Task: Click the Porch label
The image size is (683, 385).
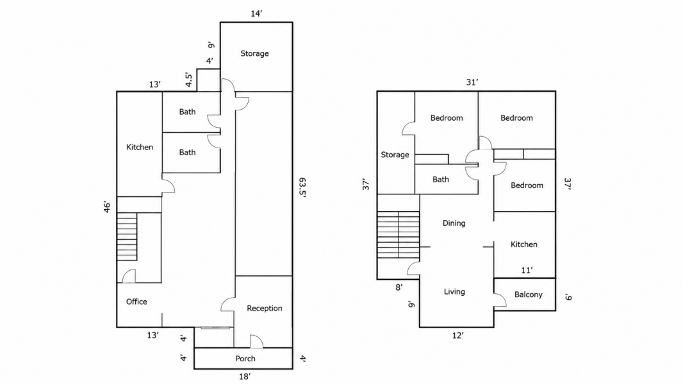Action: pyautogui.click(x=245, y=359)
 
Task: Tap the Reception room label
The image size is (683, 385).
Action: pyautogui.click(x=265, y=308)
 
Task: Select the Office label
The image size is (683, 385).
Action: pyautogui.click(x=136, y=302)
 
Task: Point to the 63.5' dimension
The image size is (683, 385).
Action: pyautogui.click(x=302, y=187)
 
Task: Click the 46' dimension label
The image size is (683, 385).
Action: pyautogui.click(x=107, y=207)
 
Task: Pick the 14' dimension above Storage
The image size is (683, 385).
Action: pyautogui.click(x=256, y=13)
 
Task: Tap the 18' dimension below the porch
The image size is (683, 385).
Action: pyautogui.click(x=245, y=376)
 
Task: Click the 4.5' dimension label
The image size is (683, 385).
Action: pyautogui.click(x=188, y=80)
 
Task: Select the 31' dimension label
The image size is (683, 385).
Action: pyautogui.click(x=472, y=82)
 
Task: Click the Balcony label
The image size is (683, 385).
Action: pyautogui.click(x=529, y=295)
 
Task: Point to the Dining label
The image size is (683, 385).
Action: pyautogui.click(x=454, y=223)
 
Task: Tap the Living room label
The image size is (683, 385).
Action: pyautogui.click(x=454, y=292)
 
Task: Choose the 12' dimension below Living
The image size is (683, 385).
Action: pyautogui.click(x=458, y=336)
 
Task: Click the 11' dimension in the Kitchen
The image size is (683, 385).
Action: pyautogui.click(x=527, y=270)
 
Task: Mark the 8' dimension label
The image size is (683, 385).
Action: pyautogui.click(x=399, y=287)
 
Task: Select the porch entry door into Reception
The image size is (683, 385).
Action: pyautogui.click(x=256, y=341)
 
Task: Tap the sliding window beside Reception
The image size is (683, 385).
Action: pyautogui.click(x=215, y=327)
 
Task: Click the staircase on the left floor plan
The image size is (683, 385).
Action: pyautogui.click(x=127, y=237)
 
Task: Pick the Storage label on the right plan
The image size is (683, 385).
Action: pyautogui.click(x=395, y=155)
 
